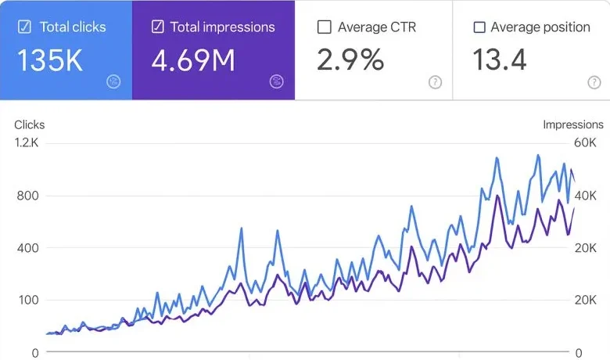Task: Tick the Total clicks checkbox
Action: (x=24, y=27)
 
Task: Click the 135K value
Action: (x=50, y=60)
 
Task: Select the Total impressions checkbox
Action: (x=158, y=27)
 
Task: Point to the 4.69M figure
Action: (x=193, y=60)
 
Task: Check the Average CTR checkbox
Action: (x=325, y=27)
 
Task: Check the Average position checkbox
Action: (x=479, y=27)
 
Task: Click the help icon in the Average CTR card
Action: (x=436, y=82)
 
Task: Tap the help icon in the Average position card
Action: (x=594, y=82)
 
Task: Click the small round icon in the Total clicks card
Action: (x=113, y=81)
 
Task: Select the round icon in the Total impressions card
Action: (x=276, y=81)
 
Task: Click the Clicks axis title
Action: (x=30, y=124)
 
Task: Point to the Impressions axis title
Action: (x=573, y=124)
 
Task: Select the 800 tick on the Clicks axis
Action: (x=27, y=196)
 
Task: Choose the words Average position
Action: (x=540, y=27)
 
